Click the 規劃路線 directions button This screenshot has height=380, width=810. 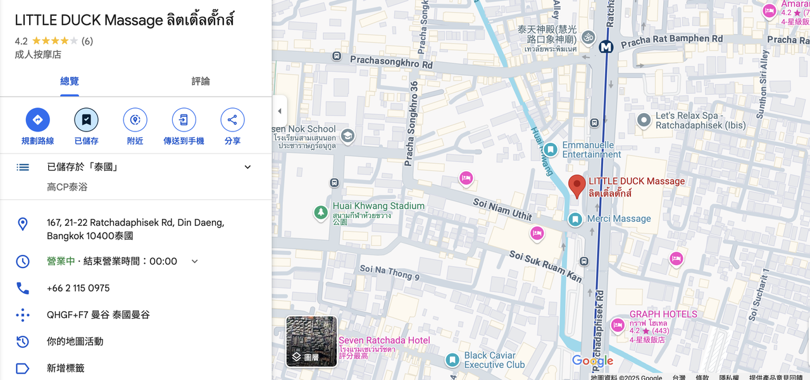[37, 120]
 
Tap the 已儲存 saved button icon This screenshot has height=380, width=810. [86, 120]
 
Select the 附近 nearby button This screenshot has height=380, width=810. [135, 120]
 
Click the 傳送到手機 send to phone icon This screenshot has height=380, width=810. [184, 120]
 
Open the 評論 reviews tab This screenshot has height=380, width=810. [201, 82]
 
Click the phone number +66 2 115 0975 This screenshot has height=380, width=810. [78, 288]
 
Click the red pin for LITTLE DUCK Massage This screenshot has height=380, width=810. [576, 186]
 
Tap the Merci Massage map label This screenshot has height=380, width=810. [618, 219]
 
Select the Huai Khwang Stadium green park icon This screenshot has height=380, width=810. [321, 212]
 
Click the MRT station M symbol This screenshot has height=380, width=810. [606, 47]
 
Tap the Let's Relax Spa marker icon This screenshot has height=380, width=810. [644, 120]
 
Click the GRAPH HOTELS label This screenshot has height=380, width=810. [663, 314]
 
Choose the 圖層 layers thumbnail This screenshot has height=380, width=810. [311, 341]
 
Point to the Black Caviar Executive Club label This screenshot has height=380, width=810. [494, 360]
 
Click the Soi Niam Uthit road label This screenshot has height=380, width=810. [502, 209]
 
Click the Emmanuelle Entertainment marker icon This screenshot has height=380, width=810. [551, 150]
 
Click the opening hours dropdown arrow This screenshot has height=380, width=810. [195, 262]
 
